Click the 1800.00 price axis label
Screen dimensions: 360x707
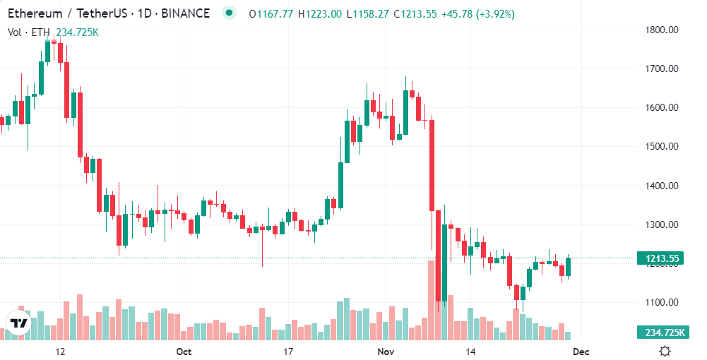(663, 30)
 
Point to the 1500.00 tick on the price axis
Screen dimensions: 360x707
(663, 147)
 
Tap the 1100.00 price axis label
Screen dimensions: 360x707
(663, 303)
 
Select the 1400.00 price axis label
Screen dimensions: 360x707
(663, 186)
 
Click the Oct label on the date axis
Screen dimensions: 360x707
(184, 351)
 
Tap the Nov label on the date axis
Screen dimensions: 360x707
(385, 351)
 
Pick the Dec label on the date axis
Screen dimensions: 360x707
(581, 351)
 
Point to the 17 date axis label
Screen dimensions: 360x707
(287, 351)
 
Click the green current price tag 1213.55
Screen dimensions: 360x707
(662, 258)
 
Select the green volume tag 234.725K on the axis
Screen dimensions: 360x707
(662, 332)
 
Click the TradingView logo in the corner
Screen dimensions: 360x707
(19, 323)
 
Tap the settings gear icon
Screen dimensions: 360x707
(665, 351)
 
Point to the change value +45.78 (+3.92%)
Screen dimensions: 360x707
(478, 13)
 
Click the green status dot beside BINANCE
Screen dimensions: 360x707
(228, 13)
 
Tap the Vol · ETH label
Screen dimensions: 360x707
(28, 32)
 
